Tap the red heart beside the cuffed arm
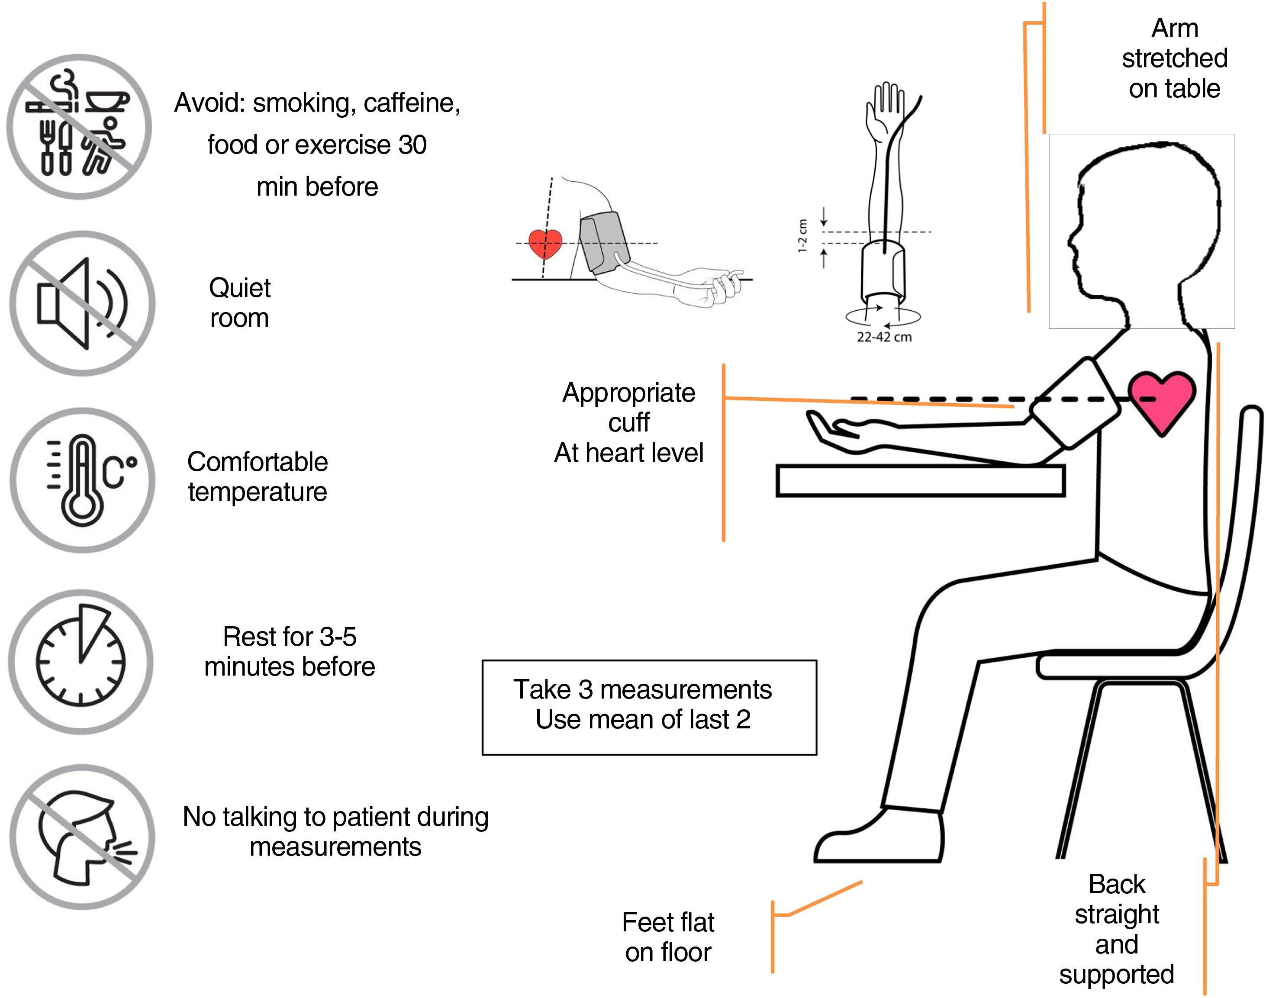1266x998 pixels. [x=544, y=243]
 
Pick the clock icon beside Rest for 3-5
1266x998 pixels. [x=81, y=661]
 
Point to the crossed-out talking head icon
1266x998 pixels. [x=82, y=837]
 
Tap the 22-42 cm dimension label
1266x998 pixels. [x=884, y=337]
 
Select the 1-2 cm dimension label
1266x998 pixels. [x=803, y=236]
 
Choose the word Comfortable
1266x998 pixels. [x=257, y=462]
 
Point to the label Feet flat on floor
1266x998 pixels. [x=668, y=937]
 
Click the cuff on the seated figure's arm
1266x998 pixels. [x=1075, y=403]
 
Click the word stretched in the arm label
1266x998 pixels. [x=1174, y=58]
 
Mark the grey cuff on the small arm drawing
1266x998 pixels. [x=603, y=242]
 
